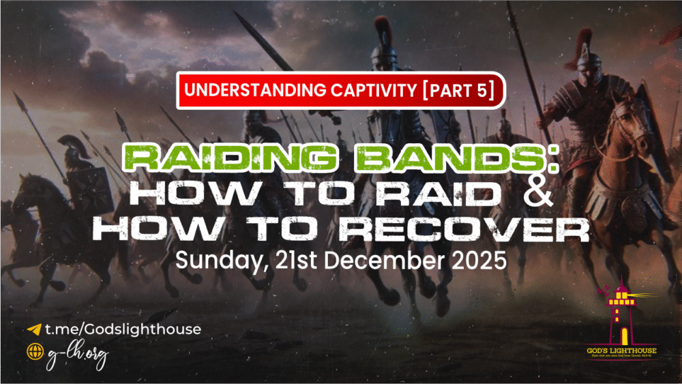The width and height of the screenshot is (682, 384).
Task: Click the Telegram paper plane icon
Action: pos(33,329)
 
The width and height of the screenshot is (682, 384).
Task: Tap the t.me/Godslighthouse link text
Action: pos(123,329)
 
